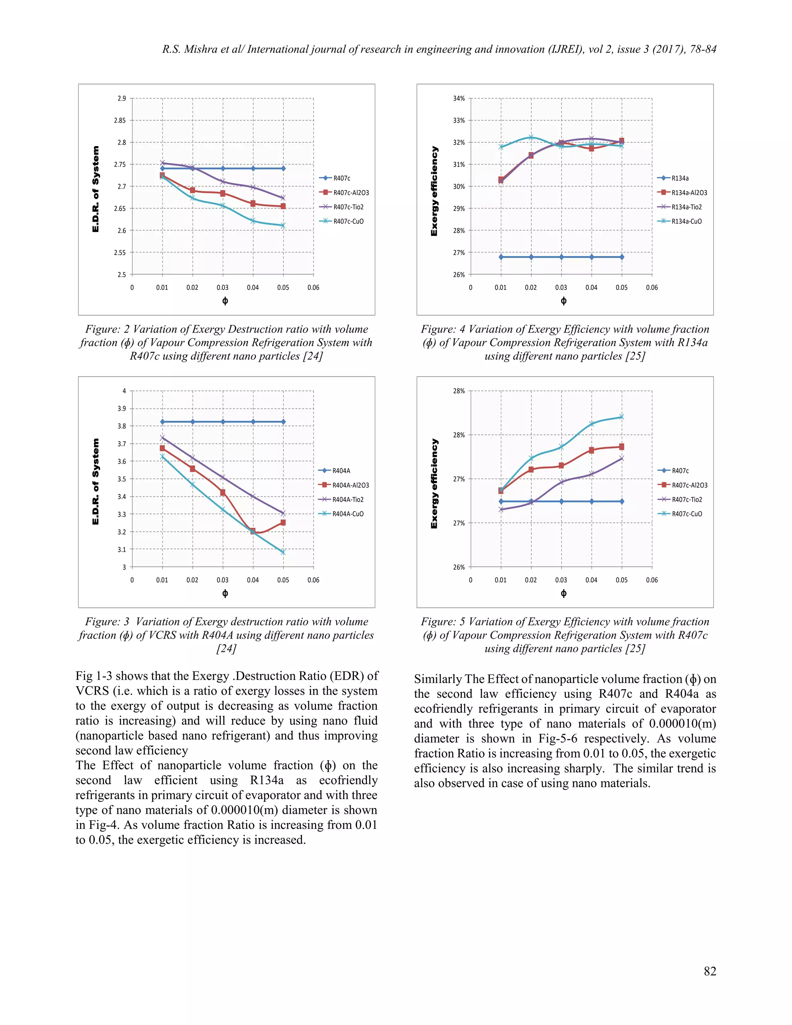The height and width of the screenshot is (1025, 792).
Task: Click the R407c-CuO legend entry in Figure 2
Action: click(x=348, y=221)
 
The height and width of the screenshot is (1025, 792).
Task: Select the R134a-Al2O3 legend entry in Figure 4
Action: click(x=689, y=192)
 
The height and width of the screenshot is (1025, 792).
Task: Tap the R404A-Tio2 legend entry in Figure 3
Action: click(x=348, y=499)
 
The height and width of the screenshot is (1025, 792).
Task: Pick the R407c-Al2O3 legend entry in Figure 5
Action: click(x=689, y=485)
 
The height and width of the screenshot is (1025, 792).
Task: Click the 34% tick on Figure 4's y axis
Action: click(x=458, y=98)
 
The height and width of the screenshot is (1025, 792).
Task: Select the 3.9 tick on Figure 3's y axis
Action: click(x=121, y=408)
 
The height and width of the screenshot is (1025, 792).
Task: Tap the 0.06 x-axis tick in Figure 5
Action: click(x=652, y=580)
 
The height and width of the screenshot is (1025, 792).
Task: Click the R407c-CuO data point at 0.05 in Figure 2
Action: click(x=283, y=225)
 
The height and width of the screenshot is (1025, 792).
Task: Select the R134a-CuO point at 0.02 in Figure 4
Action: click(x=531, y=137)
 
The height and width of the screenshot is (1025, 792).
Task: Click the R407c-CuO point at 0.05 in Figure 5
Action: click(x=622, y=417)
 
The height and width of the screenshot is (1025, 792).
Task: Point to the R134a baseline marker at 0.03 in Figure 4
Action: click(x=561, y=257)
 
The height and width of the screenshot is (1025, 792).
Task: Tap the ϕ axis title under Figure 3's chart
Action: click(x=225, y=593)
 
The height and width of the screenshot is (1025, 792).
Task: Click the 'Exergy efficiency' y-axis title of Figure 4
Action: click(x=434, y=191)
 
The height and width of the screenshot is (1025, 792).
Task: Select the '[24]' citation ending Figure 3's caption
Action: click(x=226, y=648)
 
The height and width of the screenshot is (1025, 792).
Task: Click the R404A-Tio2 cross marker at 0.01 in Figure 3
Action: click(x=162, y=438)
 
